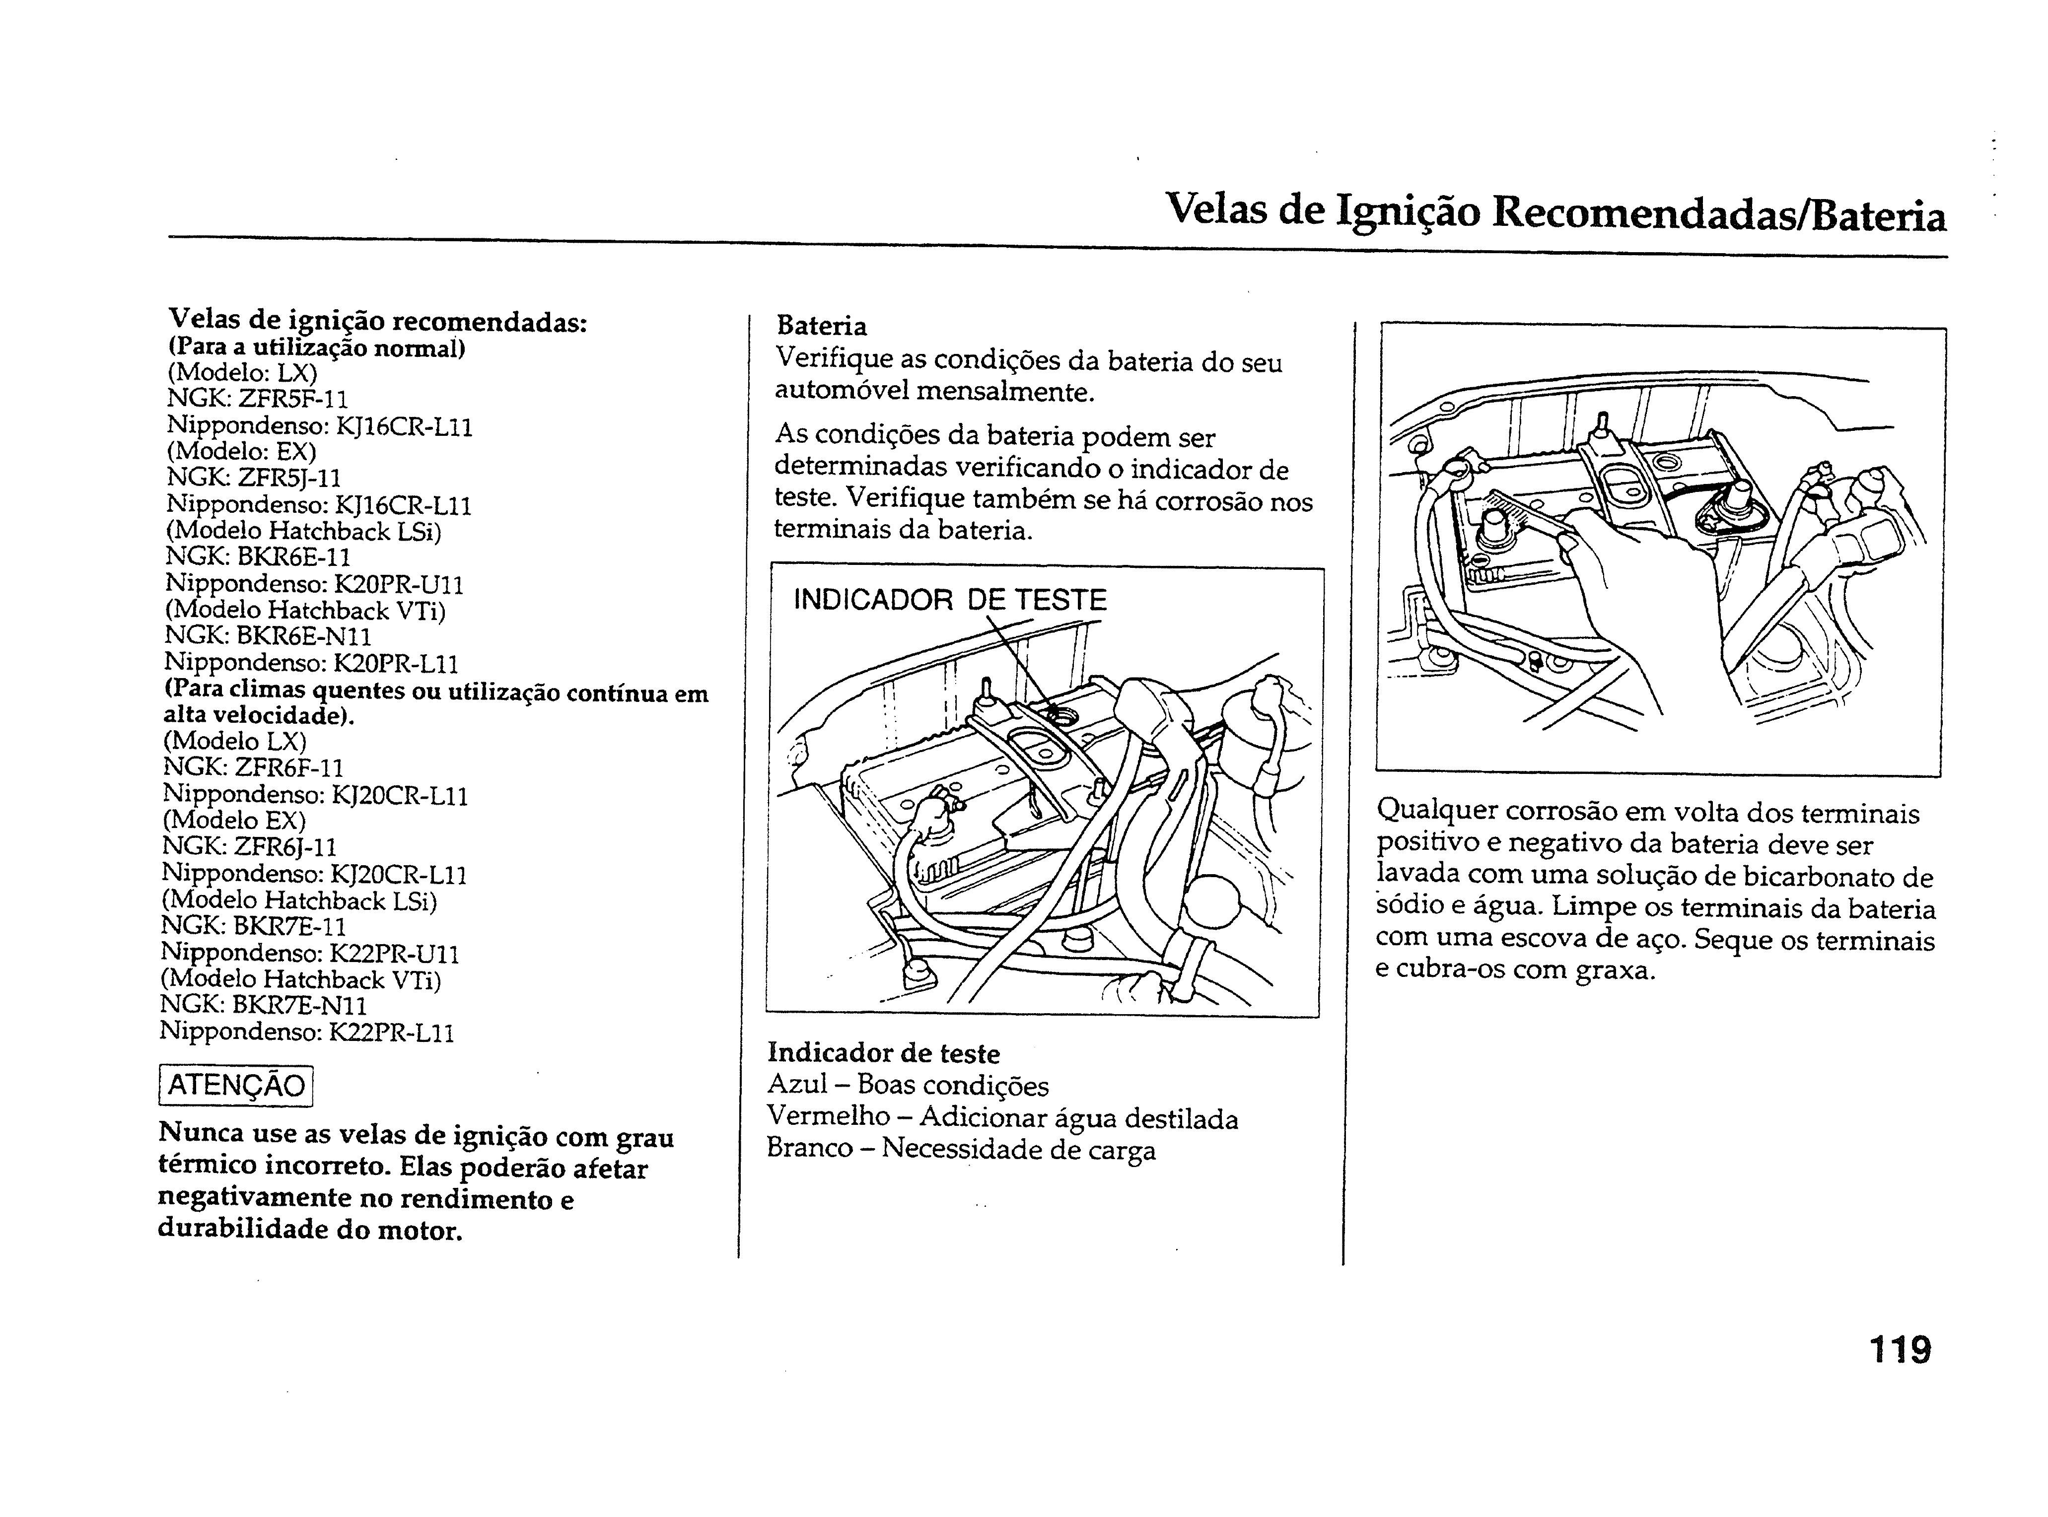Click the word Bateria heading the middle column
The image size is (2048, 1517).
coord(821,326)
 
